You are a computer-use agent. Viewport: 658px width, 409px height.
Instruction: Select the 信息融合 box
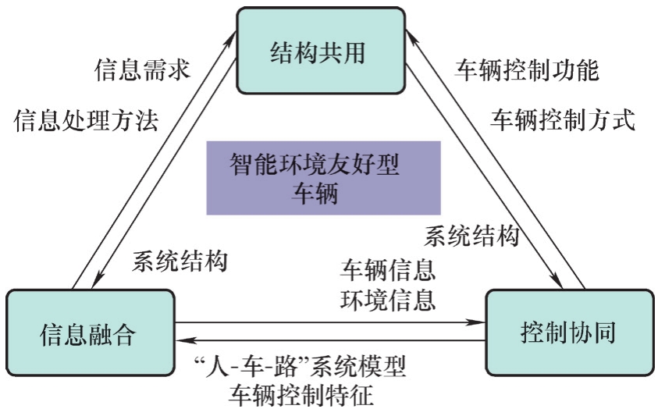click(x=88, y=333)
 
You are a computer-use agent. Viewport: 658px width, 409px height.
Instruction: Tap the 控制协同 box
click(x=567, y=333)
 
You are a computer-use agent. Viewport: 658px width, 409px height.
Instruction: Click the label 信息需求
click(x=141, y=71)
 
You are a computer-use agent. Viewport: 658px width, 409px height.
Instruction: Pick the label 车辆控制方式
click(x=563, y=120)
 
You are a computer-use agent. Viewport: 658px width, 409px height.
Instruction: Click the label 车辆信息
click(x=388, y=270)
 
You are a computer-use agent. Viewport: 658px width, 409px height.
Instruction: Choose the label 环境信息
click(x=388, y=299)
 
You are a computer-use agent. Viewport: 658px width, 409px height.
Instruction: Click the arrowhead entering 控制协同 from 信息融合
click(x=478, y=322)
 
